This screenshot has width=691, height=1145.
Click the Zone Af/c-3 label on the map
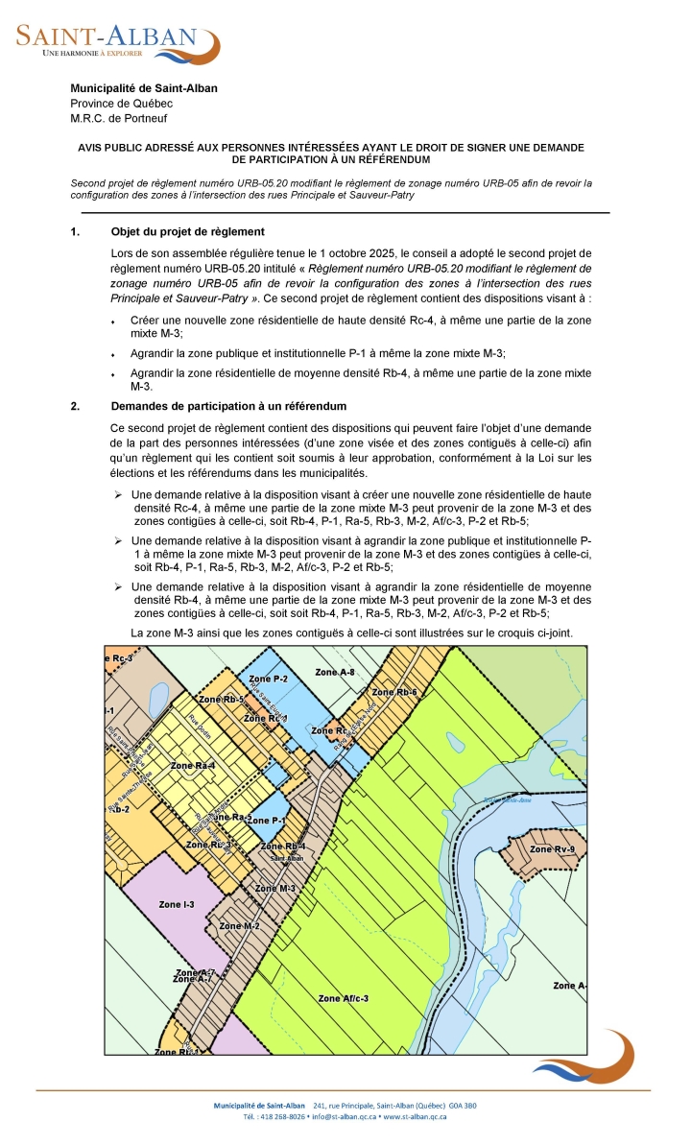tap(343, 998)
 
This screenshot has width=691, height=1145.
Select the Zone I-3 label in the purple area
tap(177, 904)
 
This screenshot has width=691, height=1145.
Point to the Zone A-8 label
tap(336, 673)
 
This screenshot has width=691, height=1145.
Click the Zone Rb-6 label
tap(394, 692)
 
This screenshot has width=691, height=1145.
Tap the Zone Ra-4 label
tap(192, 765)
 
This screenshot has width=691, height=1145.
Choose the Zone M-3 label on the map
tap(274, 888)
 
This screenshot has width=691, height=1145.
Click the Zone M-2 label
tap(239, 925)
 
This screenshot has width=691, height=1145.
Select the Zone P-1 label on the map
tap(266, 821)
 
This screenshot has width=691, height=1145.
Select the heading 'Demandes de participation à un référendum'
tap(228, 406)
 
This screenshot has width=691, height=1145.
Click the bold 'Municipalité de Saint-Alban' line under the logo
tap(144, 88)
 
